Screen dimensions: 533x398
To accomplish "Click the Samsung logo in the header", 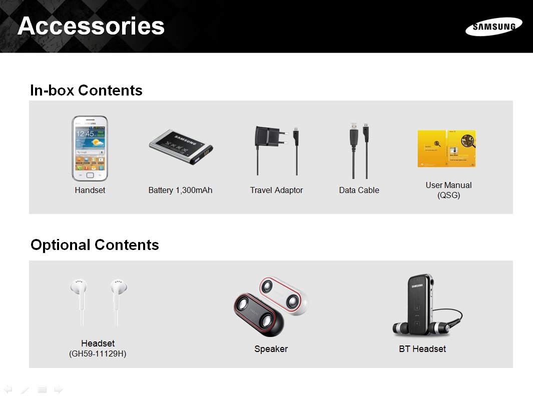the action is coord(493,26).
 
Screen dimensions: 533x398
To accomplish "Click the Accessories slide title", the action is coord(91,26).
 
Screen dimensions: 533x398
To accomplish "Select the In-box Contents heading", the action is coord(87,90).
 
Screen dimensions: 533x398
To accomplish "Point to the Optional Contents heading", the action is coord(95,245).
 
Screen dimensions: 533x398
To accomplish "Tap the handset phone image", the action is coord(90,148).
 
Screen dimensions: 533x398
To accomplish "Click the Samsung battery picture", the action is coord(181,146).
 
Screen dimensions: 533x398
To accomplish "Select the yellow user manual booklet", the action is coord(446,148).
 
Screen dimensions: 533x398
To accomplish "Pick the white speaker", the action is coord(284,295).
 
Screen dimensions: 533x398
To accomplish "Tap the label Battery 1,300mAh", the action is coord(181,190).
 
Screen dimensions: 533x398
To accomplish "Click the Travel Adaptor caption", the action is coord(276,190).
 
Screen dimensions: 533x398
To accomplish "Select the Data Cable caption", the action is coord(359,190).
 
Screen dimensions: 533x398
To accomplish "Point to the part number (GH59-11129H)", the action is coord(98,354).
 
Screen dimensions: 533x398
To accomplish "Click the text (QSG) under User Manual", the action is coord(449,195).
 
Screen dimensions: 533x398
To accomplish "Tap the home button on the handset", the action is coord(90,175).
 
